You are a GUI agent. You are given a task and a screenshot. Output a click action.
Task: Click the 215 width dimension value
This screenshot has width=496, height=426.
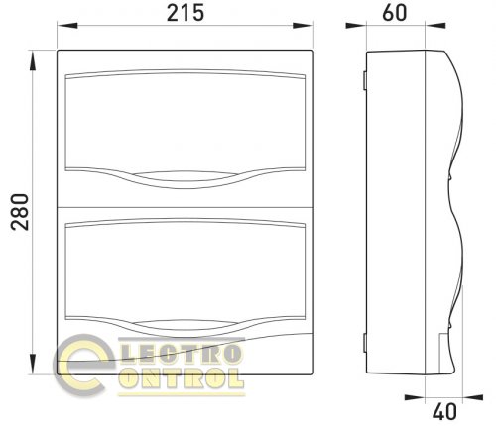coord(186,14)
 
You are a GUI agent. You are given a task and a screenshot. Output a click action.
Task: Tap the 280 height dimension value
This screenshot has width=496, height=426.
coord(20,212)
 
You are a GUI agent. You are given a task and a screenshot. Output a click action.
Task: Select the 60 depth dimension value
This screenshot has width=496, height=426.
coord(395,13)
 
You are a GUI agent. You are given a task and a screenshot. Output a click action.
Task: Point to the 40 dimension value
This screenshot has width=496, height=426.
coord(444,411)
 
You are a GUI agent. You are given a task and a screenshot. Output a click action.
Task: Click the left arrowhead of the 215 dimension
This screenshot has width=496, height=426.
coord(67,25)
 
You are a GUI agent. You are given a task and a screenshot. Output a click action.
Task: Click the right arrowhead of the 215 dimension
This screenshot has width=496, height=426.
coord(304,25)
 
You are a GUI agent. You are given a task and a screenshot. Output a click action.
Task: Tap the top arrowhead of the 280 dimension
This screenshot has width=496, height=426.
coord(33,60)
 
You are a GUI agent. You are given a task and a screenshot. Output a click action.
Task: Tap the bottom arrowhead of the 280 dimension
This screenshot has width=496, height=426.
coord(33,364)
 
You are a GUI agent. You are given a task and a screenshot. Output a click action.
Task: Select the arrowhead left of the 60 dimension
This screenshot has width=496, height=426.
coord(356,25)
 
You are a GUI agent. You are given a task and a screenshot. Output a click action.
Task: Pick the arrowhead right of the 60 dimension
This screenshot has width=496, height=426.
coord(435,25)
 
